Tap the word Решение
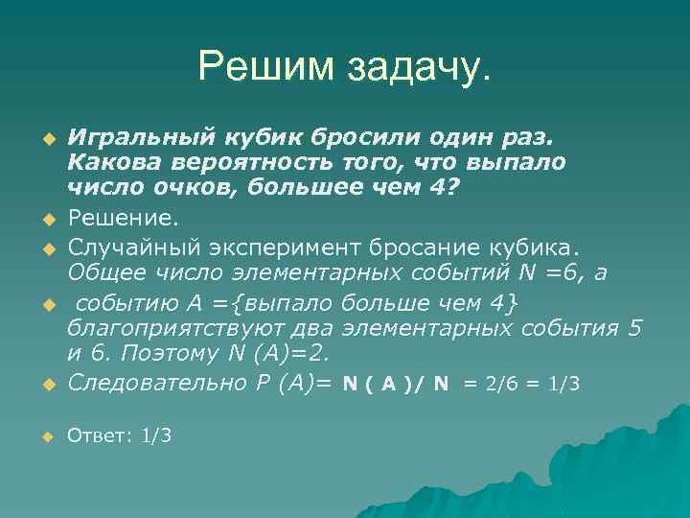(x=108, y=223)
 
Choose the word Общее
(x=102, y=274)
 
